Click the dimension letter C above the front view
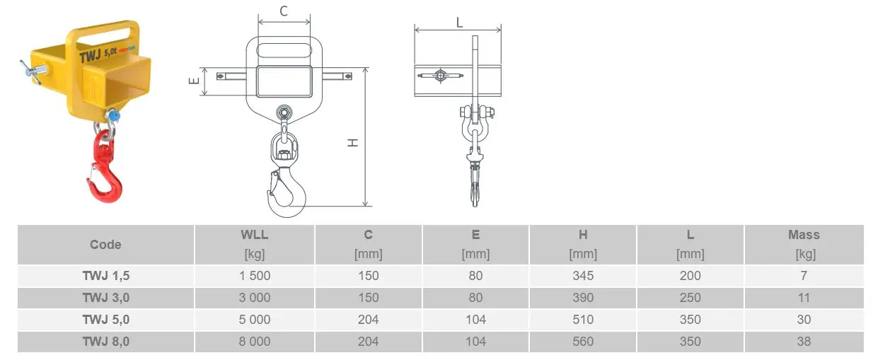[284, 11]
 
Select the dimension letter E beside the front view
[192, 81]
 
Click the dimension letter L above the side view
[458, 22]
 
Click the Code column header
[105, 245]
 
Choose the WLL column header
[255, 235]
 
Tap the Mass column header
[804, 235]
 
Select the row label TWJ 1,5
[105, 276]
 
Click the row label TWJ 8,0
[105, 342]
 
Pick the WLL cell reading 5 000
[255, 320]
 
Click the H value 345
[583, 276]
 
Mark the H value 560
[583, 342]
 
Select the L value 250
[690, 298]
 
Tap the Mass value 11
[804, 298]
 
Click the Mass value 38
[804, 342]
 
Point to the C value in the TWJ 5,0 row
[369, 320]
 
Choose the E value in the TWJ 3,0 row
[475, 298]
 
